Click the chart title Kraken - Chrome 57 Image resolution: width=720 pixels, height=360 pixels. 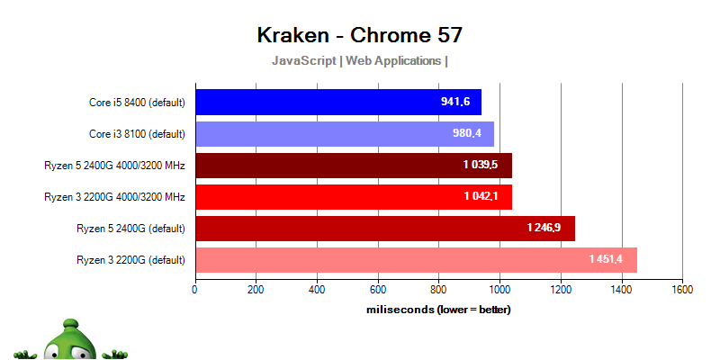click(x=359, y=35)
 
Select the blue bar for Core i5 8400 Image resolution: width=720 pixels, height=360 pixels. click(x=337, y=102)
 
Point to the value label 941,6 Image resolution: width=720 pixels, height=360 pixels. click(x=455, y=102)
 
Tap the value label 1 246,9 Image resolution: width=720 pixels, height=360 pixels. click(x=544, y=229)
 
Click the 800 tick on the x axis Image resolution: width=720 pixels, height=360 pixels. click(x=438, y=290)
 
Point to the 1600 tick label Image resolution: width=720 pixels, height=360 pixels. click(x=681, y=290)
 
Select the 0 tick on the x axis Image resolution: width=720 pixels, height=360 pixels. click(x=195, y=290)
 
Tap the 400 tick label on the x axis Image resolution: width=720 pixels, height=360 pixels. click(x=317, y=290)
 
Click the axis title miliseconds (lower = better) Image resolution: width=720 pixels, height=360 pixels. click(x=438, y=310)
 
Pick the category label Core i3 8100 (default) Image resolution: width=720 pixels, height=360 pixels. click(x=137, y=134)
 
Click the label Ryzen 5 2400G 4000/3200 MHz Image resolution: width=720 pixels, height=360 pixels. click(x=114, y=166)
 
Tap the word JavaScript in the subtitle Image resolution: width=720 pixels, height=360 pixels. click(x=304, y=61)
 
